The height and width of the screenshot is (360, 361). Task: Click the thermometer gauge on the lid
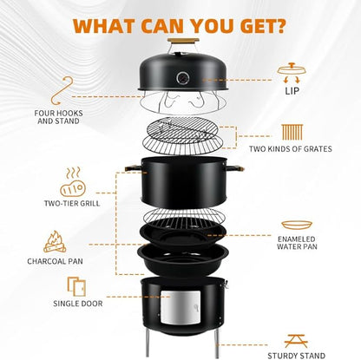pos(183,78)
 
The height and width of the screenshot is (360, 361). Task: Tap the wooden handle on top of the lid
pos(183,41)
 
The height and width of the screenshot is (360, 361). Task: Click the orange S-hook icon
pos(62,91)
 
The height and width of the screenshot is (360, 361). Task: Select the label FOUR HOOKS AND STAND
pos(58,117)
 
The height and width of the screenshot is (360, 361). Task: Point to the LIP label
pos(292,91)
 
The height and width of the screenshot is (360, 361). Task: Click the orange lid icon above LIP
pos(292,72)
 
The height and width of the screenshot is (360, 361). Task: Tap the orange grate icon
pos(292,132)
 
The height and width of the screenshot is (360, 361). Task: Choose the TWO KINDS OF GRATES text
pos(291,149)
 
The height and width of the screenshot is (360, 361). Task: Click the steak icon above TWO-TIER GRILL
pos(73,182)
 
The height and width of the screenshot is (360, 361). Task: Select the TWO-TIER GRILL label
pos(72,203)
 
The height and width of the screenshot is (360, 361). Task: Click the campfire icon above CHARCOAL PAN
pos(55,242)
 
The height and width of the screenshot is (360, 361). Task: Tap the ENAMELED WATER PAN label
pos(297,243)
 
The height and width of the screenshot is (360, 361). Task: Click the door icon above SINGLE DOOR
pos(76,286)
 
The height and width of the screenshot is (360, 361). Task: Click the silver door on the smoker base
pos(180,307)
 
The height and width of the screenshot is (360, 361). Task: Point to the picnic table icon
pos(296,341)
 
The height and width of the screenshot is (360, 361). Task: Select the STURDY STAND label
pos(296,356)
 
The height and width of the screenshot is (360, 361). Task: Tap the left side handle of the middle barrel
pos(134,168)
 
